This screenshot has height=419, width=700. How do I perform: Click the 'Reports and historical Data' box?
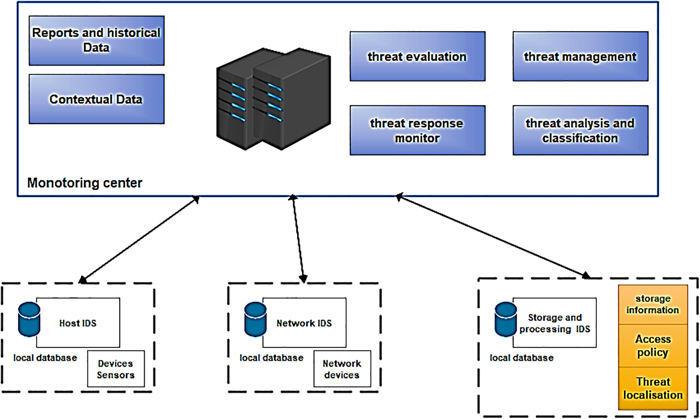(x=97, y=41)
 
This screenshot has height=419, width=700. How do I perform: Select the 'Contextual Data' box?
(x=97, y=99)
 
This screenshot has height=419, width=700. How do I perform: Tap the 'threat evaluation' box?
(x=417, y=57)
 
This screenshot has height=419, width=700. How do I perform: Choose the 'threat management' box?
(x=580, y=57)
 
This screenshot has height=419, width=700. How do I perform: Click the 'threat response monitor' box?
(x=417, y=130)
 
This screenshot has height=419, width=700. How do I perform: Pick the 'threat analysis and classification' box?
(x=580, y=130)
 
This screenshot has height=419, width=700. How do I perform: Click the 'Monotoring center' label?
(x=85, y=183)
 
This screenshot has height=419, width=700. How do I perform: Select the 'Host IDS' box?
(x=78, y=323)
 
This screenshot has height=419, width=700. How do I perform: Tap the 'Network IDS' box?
(x=304, y=323)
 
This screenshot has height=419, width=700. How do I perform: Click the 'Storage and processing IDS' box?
(x=555, y=323)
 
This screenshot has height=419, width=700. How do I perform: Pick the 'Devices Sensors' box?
(x=116, y=369)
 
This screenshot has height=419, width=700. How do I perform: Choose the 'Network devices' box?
(x=342, y=369)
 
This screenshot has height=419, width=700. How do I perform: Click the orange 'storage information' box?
(x=653, y=304)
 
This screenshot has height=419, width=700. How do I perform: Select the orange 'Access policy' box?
(x=653, y=346)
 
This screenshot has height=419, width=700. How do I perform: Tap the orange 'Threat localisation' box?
(x=653, y=388)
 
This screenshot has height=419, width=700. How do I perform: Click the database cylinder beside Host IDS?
(x=29, y=319)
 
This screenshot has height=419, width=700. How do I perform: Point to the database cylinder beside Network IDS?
(x=255, y=319)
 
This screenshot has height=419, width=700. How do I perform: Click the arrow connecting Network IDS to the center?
(x=298, y=239)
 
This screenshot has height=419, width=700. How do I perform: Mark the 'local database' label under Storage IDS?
(x=521, y=358)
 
